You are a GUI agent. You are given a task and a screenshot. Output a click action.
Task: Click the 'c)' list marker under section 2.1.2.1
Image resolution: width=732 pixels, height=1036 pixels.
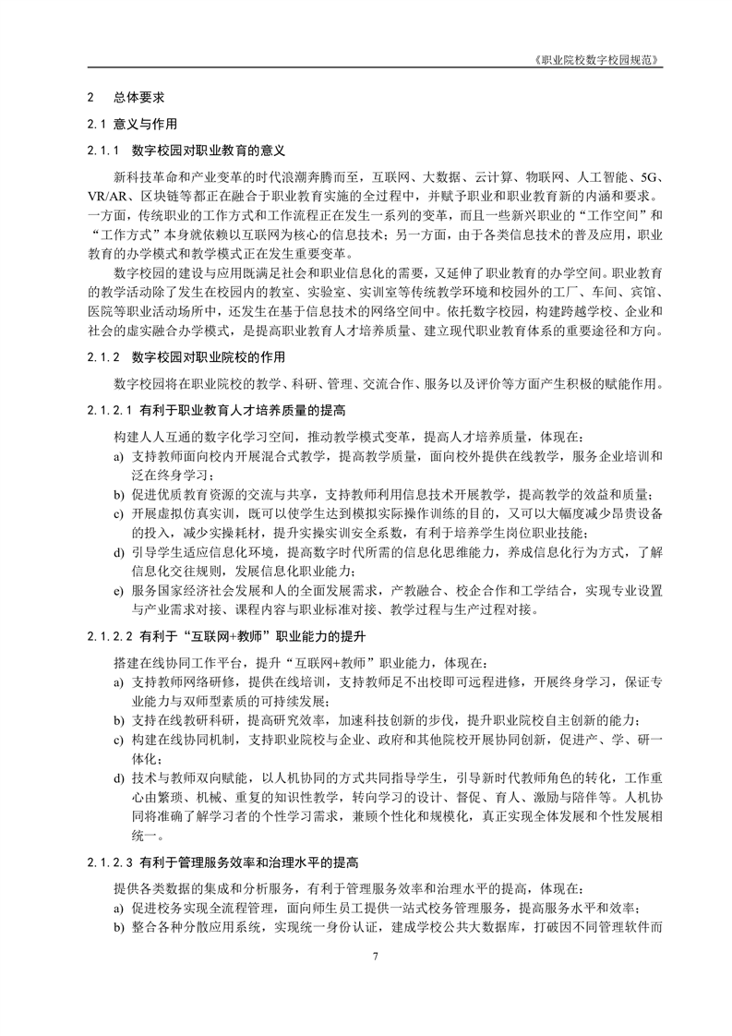(x=118, y=512)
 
